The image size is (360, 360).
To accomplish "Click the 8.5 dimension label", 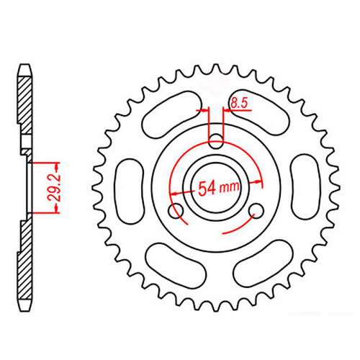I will click(238, 105).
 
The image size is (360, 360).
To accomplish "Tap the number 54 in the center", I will click(207, 189).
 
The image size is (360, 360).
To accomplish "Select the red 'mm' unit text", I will click(230, 189).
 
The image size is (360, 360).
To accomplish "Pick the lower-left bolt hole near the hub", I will click(174, 210).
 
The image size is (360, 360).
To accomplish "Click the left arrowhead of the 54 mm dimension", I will click(174, 193).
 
